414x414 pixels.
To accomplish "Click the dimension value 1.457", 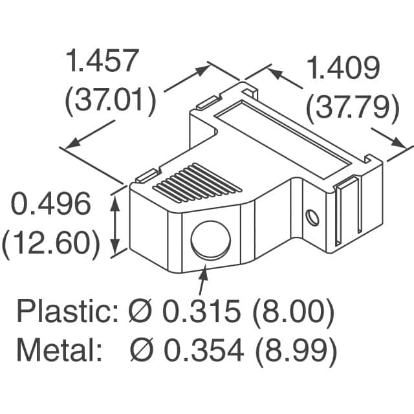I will [103, 61].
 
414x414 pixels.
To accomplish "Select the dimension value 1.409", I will [342, 67].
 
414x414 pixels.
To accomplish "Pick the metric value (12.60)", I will [51, 245].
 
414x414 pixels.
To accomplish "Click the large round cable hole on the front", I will [211, 240].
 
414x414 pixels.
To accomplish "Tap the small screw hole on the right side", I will [313, 217].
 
